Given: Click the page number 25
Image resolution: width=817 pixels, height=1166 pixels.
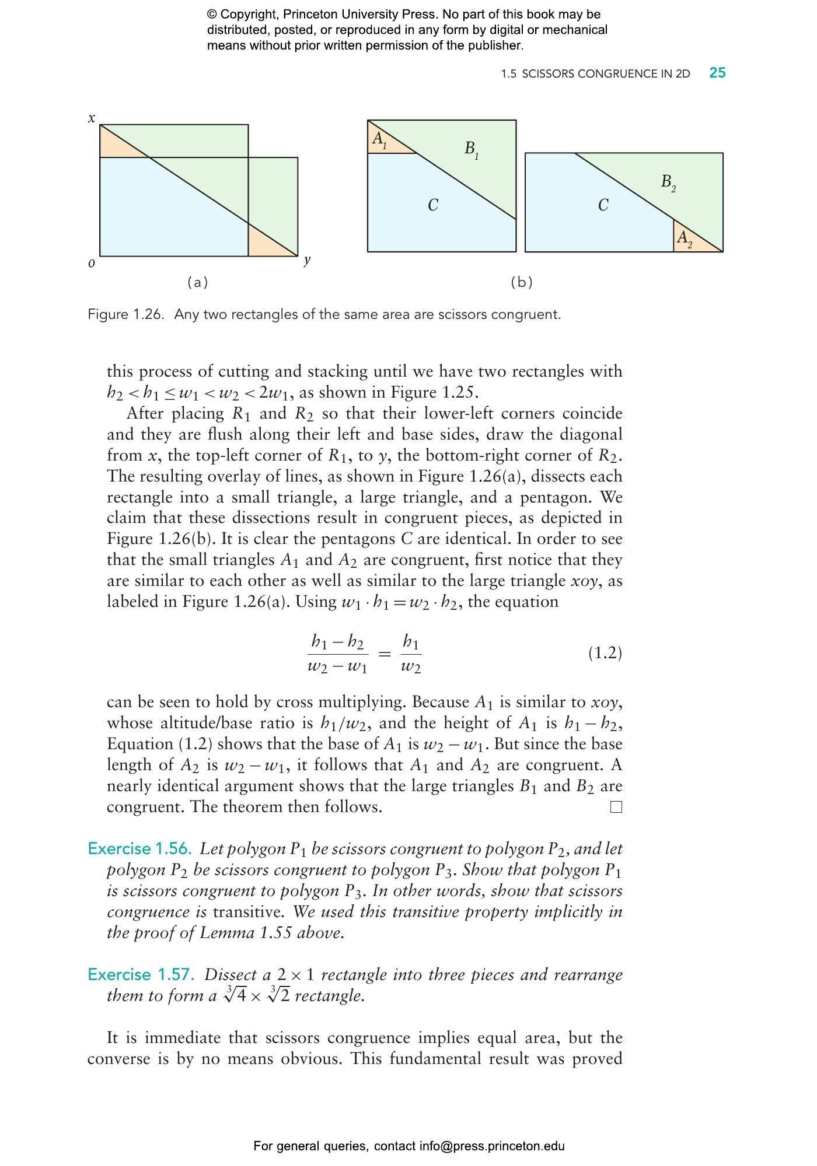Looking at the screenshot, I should click(x=717, y=73).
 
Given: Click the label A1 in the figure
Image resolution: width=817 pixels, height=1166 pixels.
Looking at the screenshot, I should click(x=379, y=140).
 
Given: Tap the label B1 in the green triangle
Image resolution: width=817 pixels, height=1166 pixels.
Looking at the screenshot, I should click(x=472, y=150).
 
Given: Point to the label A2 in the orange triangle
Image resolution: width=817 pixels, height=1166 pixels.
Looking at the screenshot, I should click(x=684, y=238).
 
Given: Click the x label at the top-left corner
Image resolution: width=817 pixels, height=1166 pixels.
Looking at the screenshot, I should click(x=91, y=118).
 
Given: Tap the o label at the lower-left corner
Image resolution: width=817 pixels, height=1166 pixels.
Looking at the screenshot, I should click(x=91, y=264).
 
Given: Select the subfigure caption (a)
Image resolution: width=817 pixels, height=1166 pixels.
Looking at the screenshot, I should click(x=197, y=283).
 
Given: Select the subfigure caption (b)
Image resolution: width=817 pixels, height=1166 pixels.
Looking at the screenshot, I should click(x=522, y=283).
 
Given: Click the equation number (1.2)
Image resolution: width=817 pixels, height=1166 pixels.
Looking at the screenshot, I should click(x=605, y=653).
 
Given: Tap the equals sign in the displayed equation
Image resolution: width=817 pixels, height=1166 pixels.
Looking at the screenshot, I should click(x=384, y=655).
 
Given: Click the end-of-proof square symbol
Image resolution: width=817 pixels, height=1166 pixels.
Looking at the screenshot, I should click(x=616, y=807).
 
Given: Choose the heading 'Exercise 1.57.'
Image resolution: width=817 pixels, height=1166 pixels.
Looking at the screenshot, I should click(x=140, y=975).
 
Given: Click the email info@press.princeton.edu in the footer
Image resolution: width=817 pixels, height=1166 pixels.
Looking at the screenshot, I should click(x=491, y=1147).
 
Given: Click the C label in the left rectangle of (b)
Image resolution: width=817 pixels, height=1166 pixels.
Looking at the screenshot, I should click(x=432, y=205).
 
